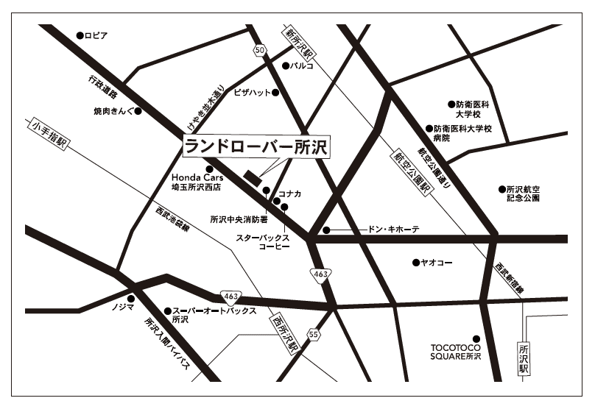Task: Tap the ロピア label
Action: coord(96,35)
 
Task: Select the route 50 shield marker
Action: coord(258,50)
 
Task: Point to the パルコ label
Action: coord(301,65)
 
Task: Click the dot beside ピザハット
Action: coord(275,93)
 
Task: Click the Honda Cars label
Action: coord(191,178)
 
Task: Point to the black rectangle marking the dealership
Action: coord(253,177)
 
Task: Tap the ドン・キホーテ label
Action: coord(393,230)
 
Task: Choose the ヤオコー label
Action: coord(437,262)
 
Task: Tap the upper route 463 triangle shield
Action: coord(320,274)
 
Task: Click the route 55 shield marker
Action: coord(314,334)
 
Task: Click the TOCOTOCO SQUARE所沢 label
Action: coord(456,351)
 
